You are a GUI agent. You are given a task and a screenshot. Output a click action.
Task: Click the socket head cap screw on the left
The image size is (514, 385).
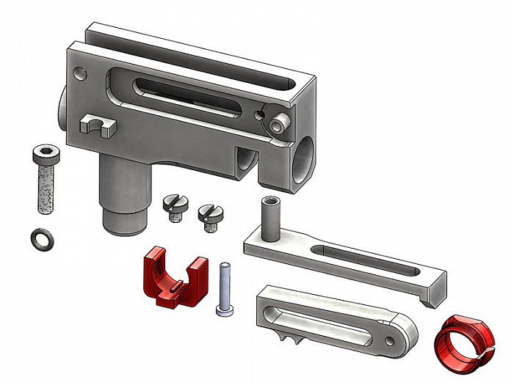pyautogui.click(x=44, y=180)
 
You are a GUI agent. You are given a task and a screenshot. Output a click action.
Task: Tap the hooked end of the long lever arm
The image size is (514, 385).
pyautogui.click(x=434, y=289)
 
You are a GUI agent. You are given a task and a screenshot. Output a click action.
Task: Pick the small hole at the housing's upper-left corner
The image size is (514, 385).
pyautogui.click(x=79, y=73)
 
